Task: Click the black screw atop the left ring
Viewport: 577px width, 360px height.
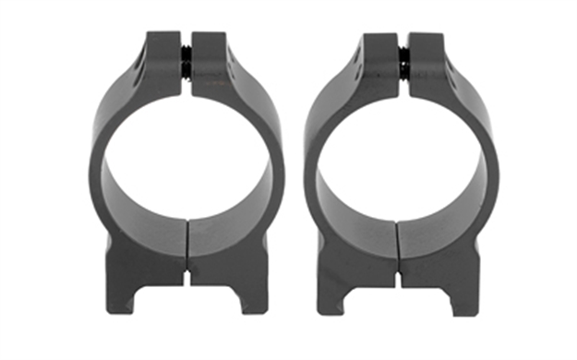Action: click(187, 64)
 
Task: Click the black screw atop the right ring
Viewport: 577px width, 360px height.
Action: click(403, 63)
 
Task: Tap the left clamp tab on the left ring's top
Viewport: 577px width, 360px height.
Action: click(164, 60)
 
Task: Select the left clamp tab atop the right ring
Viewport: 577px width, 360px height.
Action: click(379, 60)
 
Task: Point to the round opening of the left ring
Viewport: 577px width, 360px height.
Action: click(187, 162)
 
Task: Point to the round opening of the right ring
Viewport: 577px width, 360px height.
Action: click(402, 162)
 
